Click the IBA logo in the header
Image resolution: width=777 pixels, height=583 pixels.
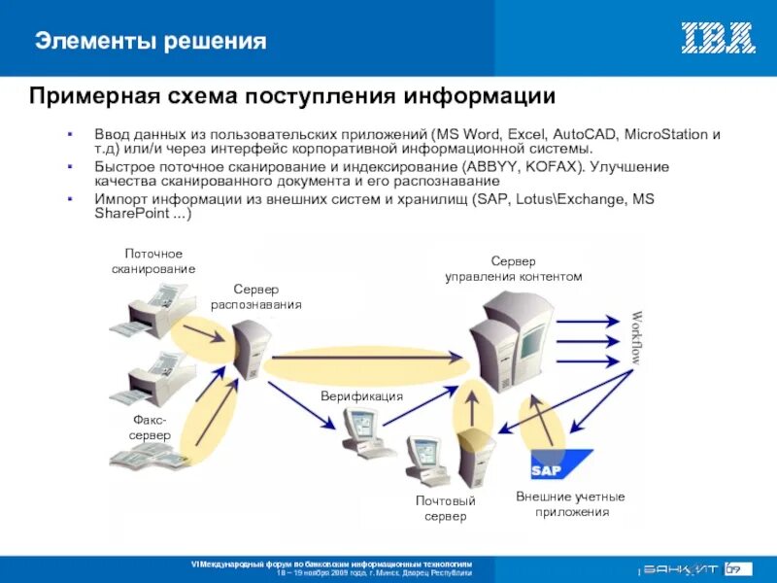(718, 38)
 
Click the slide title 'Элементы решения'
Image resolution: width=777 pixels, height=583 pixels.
(151, 41)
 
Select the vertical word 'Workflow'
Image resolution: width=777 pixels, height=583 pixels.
(637, 337)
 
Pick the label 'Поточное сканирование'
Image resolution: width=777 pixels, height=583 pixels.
(153, 261)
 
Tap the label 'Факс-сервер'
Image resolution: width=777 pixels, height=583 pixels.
(150, 428)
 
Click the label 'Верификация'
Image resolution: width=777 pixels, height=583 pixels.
(361, 397)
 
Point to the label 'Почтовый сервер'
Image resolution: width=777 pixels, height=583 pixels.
(445, 508)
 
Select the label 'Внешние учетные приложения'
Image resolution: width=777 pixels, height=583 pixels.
(570, 504)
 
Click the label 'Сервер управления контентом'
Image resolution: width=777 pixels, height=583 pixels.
(513, 269)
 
